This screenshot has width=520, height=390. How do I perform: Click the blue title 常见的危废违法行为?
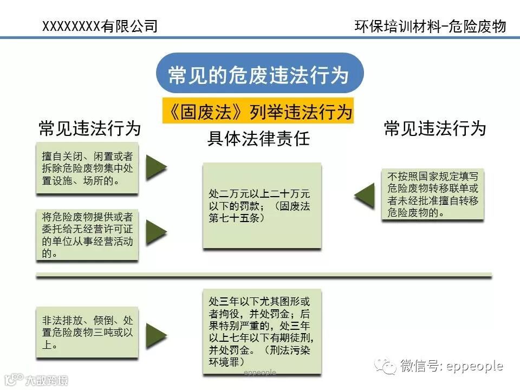point(259,74)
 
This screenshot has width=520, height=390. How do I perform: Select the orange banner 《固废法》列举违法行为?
point(258,112)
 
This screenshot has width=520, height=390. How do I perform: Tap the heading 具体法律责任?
point(258,139)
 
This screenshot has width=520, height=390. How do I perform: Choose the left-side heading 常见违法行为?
point(89,128)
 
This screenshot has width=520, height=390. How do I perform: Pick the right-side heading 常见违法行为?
point(434,128)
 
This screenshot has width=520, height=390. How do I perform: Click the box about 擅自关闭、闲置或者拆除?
point(87,168)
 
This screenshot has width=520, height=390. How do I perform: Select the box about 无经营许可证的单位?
point(87,235)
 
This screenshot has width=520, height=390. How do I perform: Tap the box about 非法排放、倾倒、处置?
point(87,332)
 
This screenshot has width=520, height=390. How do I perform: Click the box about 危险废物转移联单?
point(433,194)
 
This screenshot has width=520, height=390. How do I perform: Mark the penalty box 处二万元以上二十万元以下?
point(262,206)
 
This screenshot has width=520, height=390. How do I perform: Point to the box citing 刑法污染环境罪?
point(262,331)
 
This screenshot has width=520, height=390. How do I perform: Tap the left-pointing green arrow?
point(365,196)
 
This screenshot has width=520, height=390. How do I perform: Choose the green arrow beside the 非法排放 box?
point(156,332)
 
